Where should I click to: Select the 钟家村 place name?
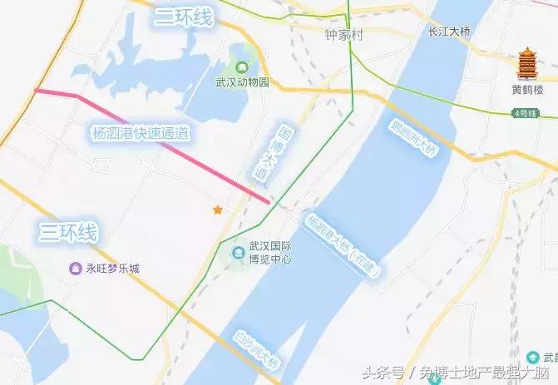coord(345,36)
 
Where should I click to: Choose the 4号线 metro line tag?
coord(526,112)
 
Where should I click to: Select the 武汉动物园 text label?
coord(242,82)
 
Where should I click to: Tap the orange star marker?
coord(218,210)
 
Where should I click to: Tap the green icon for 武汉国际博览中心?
coord(235,253)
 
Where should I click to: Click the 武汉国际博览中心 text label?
coord(269,252)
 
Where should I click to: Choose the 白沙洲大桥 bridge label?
coord(259,348)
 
